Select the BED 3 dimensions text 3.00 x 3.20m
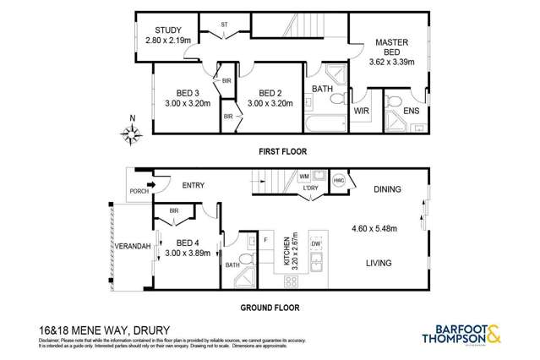[x=181, y=105]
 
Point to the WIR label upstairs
[x=360, y=110]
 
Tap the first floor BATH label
[x=322, y=89]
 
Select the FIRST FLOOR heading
[x=282, y=151]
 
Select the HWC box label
[x=339, y=180]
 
